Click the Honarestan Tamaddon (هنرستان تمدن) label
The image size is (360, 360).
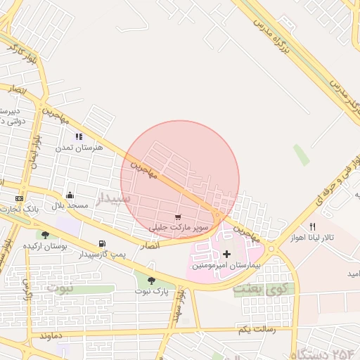(x=79, y=147)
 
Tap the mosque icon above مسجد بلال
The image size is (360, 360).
(x=70, y=195)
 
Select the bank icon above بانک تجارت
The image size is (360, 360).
(x=19, y=199)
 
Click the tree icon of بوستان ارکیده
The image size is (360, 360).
(x=45, y=236)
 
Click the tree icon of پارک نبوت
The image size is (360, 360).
(x=151, y=281)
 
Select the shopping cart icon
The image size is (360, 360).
(x=178, y=217)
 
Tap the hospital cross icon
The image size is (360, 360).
(x=226, y=253)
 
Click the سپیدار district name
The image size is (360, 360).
(x=113, y=198)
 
